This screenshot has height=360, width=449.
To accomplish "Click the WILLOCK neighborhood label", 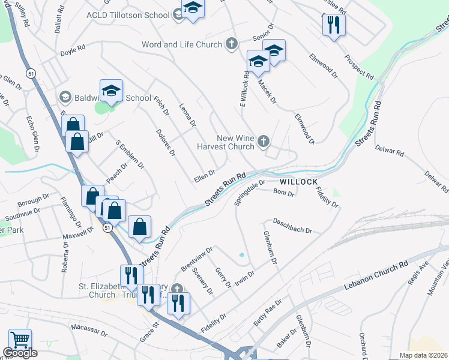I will point(297,181).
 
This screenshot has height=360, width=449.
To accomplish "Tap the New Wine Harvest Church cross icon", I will point(263,142).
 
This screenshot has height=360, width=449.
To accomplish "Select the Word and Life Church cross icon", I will point(232,44).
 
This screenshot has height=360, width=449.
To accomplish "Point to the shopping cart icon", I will point(20,340).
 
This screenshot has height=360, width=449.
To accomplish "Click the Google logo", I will point(20,353).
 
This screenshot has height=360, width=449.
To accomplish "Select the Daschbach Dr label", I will point(292,226).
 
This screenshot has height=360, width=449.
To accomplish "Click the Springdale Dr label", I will point(249,193).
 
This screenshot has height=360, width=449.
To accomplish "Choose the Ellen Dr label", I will point(204,176).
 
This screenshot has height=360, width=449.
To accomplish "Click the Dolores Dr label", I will point(165,143).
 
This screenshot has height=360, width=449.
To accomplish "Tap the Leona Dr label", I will point(188,114).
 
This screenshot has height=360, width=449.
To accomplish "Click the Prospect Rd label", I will point(359,68).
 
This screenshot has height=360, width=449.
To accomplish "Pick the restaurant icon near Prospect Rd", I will point(332,25).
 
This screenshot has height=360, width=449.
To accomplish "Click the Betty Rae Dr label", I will point(267,313).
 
